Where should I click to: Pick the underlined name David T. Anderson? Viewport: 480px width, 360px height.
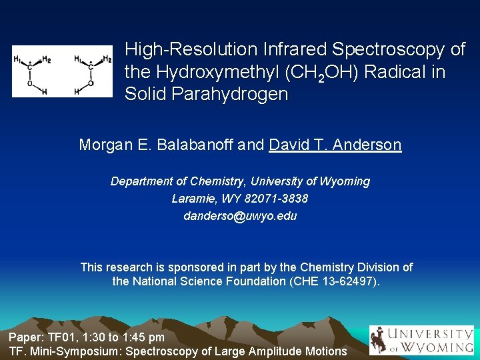(335, 145)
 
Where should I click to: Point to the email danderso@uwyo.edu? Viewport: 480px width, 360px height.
(240, 216)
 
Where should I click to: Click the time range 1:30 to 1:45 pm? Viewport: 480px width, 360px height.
(124, 337)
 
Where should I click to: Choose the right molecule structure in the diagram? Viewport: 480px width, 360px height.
(92, 71)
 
